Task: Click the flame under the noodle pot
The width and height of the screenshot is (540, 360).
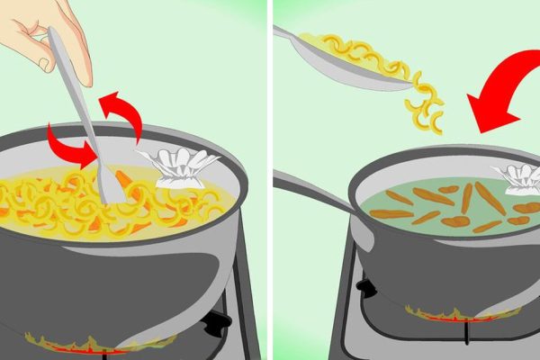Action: click(x=90, y=343)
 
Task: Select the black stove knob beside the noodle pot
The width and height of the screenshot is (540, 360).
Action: click(x=217, y=324)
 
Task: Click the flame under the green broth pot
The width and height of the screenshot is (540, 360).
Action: click(x=459, y=314)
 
